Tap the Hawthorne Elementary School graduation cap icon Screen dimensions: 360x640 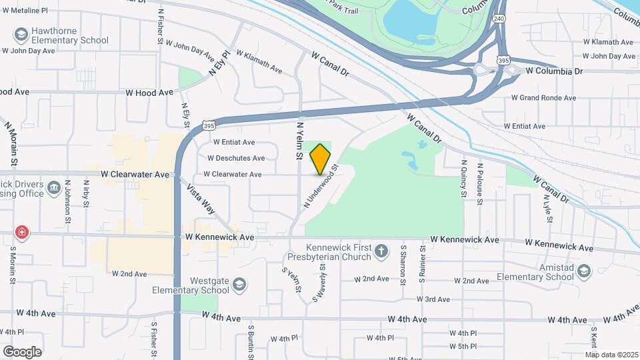click(x=21, y=34)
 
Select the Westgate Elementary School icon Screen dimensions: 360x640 click(x=238, y=286)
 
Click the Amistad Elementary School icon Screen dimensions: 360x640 click(x=584, y=271)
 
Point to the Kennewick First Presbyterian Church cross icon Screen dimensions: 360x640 click(x=381, y=251)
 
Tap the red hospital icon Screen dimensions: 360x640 click(x=22, y=233)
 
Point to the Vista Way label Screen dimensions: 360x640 click(x=201, y=199)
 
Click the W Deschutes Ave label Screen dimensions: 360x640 click(x=236, y=158)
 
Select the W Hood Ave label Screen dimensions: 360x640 click(x=151, y=93)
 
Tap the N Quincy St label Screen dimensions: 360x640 click(x=463, y=178)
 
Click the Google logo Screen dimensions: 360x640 click(x=22, y=351)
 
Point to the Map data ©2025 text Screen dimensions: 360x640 click(x=611, y=354)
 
